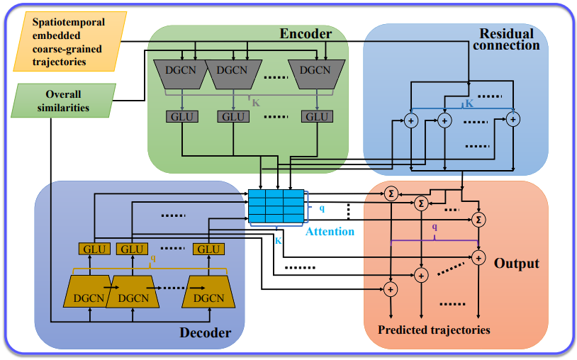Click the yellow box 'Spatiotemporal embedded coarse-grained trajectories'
(69, 42)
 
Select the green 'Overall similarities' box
(64, 101)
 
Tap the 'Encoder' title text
(306, 35)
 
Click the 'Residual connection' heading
(509, 40)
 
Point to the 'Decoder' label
(206, 332)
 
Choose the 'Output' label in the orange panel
(517, 264)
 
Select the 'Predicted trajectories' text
(434, 330)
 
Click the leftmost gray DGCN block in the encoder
(178, 70)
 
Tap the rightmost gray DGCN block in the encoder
(313, 70)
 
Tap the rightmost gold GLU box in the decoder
(208, 249)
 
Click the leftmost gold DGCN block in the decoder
(91, 291)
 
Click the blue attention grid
(276, 206)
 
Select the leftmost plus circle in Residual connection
(410, 122)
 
